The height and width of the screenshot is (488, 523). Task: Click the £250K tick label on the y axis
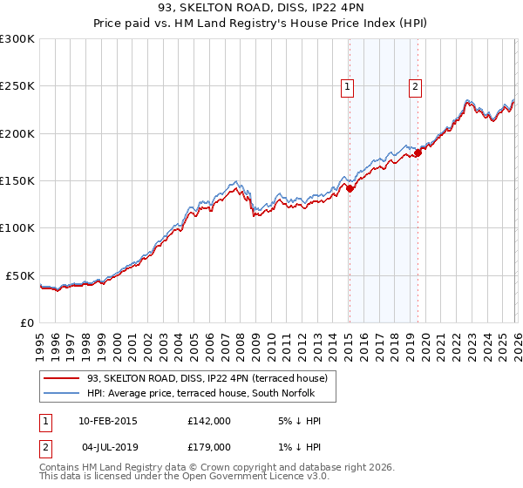[17, 86]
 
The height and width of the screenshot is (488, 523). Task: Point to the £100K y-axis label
[17, 228]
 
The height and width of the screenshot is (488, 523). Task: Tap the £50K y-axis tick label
[20, 275]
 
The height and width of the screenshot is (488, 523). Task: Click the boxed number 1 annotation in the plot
[348, 86]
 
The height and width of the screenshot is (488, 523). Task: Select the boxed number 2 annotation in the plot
[416, 86]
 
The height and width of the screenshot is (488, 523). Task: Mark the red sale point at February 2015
[350, 187]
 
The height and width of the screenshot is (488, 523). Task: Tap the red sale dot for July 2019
[418, 152]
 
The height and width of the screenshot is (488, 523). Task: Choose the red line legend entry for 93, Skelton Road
[207, 378]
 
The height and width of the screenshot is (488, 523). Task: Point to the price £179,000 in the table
[208, 449]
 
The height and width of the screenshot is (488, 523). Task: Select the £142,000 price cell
[208, 421]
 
